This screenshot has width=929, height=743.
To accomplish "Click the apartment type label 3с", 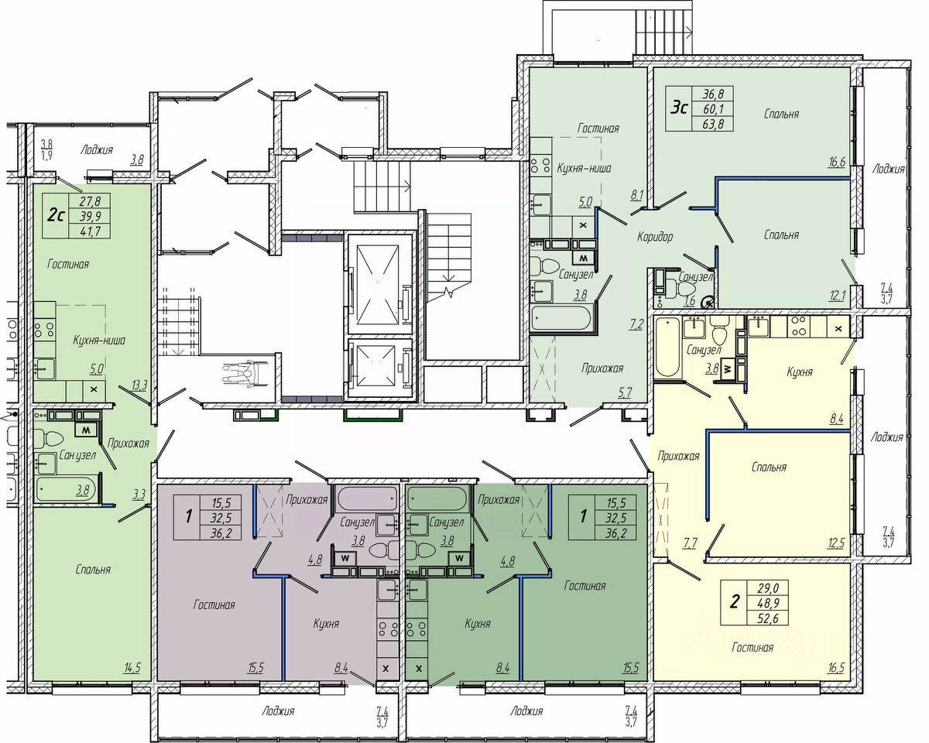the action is coord(679,108).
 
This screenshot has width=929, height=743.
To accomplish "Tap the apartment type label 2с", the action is coord(56,215).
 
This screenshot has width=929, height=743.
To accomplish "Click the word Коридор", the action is coord(655,237).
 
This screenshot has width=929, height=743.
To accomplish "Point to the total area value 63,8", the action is coord(712,124).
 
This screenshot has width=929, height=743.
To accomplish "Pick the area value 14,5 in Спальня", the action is coord(132,667).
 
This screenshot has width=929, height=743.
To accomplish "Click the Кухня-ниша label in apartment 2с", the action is coord(99,341).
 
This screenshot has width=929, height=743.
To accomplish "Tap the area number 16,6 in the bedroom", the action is coord(837,162).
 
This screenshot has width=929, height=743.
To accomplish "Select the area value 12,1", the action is coord(837,296).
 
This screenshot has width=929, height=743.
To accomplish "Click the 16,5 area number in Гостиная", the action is coord(836,667).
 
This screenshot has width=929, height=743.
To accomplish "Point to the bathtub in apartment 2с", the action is coord(67,489).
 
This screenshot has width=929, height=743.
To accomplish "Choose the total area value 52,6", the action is coord(767,618).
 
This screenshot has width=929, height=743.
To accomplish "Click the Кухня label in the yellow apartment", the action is coord(800,371).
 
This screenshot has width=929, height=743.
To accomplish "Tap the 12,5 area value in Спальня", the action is coord(836,543).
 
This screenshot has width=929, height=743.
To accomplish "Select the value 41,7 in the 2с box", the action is coord(90,231).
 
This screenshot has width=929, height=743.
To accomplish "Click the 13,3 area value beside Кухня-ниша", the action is coord(139,385).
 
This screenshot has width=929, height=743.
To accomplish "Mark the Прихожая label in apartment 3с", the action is coord(602,368).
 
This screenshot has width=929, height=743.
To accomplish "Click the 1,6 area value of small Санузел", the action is coord(690,300).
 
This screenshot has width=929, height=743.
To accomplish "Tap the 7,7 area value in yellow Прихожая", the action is coord(691,543).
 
